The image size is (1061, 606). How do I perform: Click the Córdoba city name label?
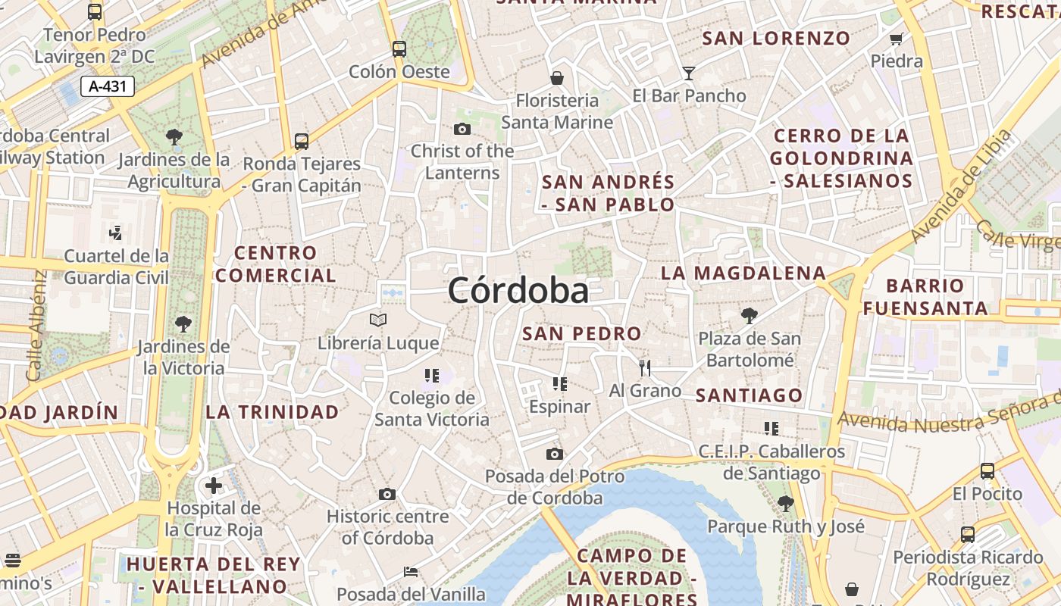(518, 290)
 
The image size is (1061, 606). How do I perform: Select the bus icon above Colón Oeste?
(399, 50)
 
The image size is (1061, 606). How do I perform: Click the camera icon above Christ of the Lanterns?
(462, 130)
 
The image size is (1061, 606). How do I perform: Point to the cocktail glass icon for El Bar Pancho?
(688, 73)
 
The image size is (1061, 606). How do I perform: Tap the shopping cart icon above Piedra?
(897, 39)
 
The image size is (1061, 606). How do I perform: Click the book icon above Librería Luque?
(377, 320)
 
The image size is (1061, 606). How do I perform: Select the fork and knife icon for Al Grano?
(645, 368)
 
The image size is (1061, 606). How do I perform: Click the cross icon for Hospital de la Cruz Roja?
(214, 485)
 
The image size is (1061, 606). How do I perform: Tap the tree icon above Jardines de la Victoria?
(183, 324)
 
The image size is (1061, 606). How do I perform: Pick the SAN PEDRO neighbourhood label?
(582, 333)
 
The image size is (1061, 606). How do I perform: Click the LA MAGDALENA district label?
(743, 273)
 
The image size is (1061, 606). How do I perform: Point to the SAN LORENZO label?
(776, 38)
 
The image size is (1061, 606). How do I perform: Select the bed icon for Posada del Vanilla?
(411, 572)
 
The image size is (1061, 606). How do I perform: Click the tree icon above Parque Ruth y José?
(785, 503)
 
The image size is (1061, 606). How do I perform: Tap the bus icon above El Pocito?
(987, 471)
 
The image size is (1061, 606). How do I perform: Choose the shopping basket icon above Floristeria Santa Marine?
(557, 78)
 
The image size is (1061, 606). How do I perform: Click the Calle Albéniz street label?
(36, 326)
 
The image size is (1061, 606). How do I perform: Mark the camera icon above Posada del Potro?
(555, 454)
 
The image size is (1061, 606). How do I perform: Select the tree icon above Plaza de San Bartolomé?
(749, 315)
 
